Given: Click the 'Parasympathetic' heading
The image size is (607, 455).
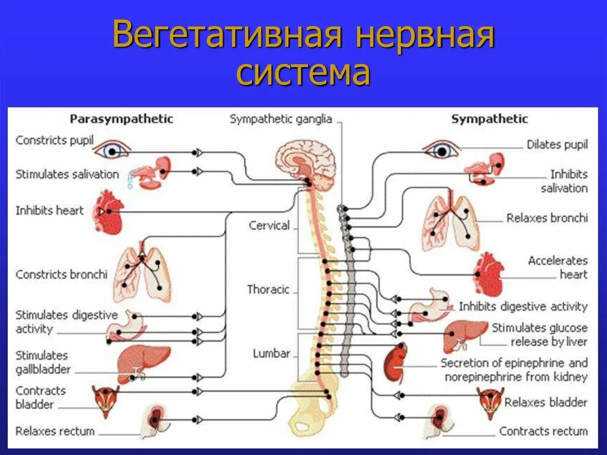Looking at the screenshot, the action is point(122,119).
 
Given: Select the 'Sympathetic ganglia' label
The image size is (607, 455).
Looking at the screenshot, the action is point(281,119).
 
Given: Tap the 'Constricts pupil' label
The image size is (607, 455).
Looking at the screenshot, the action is point(55,141).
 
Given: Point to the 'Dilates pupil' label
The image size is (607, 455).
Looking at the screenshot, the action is point(557,145).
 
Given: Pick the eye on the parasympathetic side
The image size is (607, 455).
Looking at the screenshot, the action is point(111,151).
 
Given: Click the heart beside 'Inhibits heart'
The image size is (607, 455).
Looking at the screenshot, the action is point(108,211).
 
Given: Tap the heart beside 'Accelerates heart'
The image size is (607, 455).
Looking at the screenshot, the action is point(488,273).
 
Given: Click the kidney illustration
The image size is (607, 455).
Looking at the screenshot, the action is point(395,362).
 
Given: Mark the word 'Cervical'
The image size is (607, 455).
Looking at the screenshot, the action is point(269,225).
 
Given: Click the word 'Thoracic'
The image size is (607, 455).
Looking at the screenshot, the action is point(268,289).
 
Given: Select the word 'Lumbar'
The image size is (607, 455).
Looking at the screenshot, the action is point(271,354).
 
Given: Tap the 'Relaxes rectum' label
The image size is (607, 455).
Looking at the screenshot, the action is point(55,431).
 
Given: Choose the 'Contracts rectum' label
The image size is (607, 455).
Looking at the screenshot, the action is point(544,431).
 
